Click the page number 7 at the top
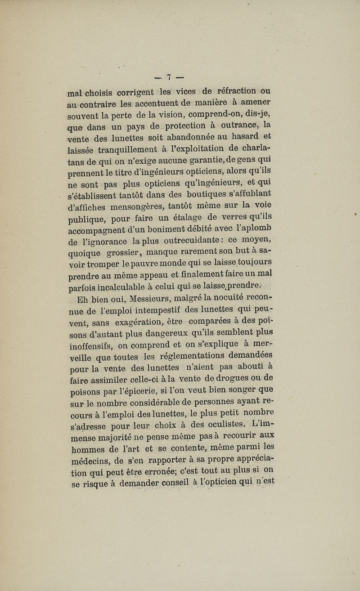(170, 76)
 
